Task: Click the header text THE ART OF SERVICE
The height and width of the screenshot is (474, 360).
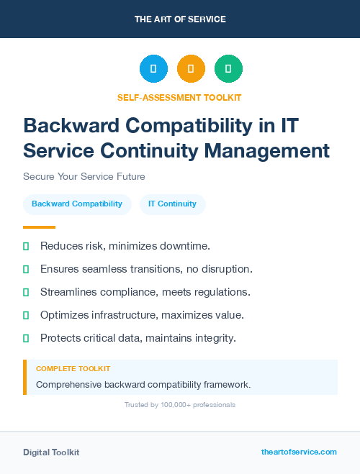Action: tap(180, 19)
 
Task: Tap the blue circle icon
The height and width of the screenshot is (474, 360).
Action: tap(153, 69)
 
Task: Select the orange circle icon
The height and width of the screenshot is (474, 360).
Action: tap(191, 69)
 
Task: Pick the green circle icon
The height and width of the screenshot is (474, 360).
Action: tap(228, 69)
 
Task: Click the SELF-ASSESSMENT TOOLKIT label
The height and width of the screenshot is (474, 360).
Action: tap(180, 97)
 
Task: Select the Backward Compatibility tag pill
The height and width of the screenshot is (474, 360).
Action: tap(77, 204)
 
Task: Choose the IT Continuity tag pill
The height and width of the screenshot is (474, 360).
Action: tap(172, 204)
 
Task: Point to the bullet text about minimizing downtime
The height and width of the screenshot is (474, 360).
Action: tap(125, 246)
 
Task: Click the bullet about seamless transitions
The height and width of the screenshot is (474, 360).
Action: tap(146, 269)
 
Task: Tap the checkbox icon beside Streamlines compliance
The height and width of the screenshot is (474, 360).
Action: tap(26, 292)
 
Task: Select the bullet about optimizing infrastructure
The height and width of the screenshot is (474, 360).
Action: tap(142, 315)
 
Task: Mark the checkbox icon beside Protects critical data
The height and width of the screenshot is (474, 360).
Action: tap(26, 338)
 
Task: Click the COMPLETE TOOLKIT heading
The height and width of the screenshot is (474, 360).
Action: tap(73, 369)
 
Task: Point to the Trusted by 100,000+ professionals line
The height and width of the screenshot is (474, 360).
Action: tap(180, 405)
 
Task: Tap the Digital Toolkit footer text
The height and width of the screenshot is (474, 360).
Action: tap(51, 452)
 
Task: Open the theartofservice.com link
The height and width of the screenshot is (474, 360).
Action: tap(299, 452)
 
